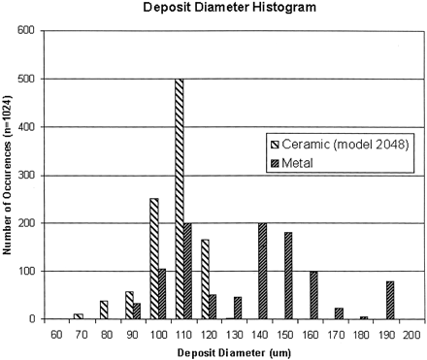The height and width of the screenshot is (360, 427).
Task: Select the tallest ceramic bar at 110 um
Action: [180, 198]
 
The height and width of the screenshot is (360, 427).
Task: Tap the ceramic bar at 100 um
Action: [154, 258]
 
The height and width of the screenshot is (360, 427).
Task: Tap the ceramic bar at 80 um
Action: [103, 310]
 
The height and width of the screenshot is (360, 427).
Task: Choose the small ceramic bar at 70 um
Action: [78, 315]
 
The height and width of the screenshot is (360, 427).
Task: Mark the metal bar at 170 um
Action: [340, 313]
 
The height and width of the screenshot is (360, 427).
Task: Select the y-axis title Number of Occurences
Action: [9, 175]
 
